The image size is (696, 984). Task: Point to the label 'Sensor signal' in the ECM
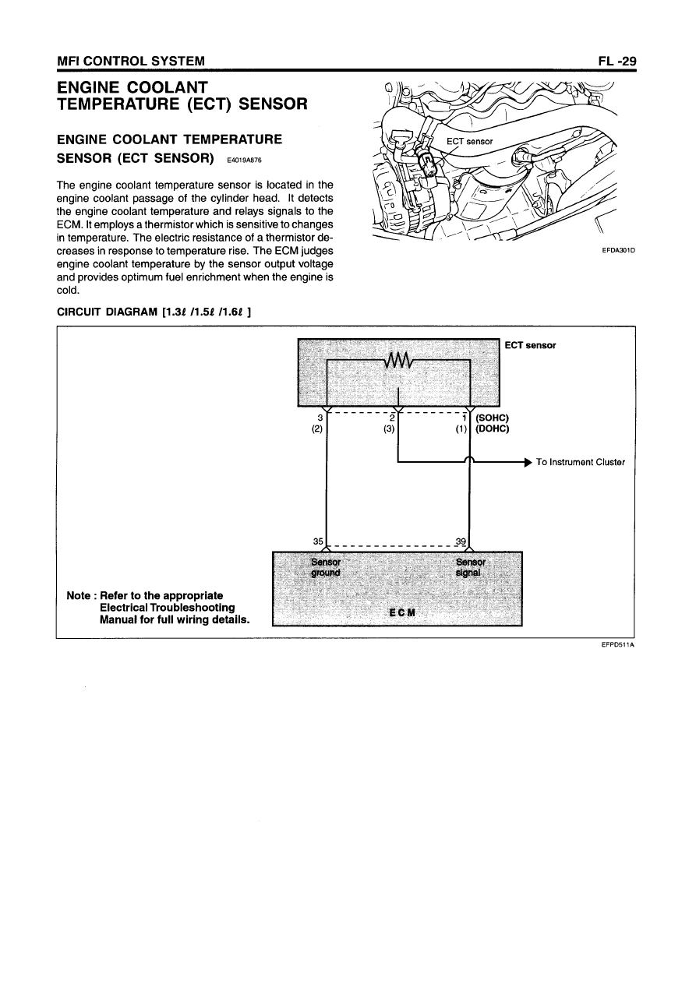pyautogui.click(x=470, y=567)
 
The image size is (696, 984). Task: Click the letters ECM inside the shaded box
pyautogui.click(x=398, y=612)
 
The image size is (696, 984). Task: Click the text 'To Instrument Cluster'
pyautogui.click(x=581, y=462)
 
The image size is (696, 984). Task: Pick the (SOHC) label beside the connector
pyautogui.click(x=492, y=418)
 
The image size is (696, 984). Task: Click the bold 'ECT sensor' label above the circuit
pyautogui.click(x=530, y=345)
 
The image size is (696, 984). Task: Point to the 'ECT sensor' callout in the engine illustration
pyautogui.click(x=469, y=141)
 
